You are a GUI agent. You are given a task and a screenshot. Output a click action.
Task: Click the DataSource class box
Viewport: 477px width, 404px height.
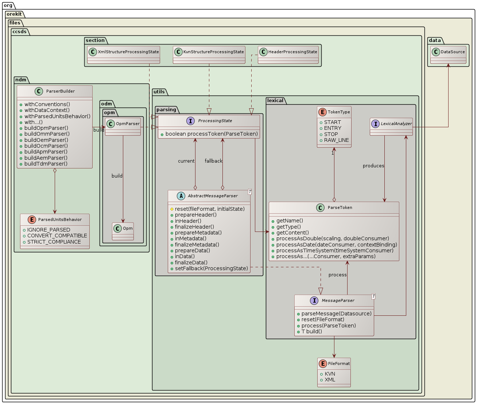point(448,55)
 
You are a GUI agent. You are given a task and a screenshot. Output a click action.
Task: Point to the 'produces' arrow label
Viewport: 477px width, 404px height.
point(373,166)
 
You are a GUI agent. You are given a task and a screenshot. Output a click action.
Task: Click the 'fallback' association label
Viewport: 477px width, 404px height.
point(213,161)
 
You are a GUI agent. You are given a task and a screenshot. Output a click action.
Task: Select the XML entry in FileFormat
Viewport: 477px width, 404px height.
point(330,380)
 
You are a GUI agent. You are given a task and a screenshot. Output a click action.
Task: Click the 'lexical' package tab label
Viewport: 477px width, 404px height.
point(275,101)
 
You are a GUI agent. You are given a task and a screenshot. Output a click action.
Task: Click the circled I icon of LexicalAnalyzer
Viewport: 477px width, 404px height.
point(376,124)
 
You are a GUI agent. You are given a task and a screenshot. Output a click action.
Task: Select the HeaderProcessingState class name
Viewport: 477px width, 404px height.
point(292,52)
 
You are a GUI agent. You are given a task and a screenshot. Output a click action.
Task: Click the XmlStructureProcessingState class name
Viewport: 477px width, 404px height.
point(128,52)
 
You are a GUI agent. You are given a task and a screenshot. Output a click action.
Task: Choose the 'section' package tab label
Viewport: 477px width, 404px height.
point(95,40)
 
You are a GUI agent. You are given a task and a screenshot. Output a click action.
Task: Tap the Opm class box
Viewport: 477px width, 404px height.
point(123,231)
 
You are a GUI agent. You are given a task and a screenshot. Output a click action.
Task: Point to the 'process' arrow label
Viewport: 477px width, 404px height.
point(337,275)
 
